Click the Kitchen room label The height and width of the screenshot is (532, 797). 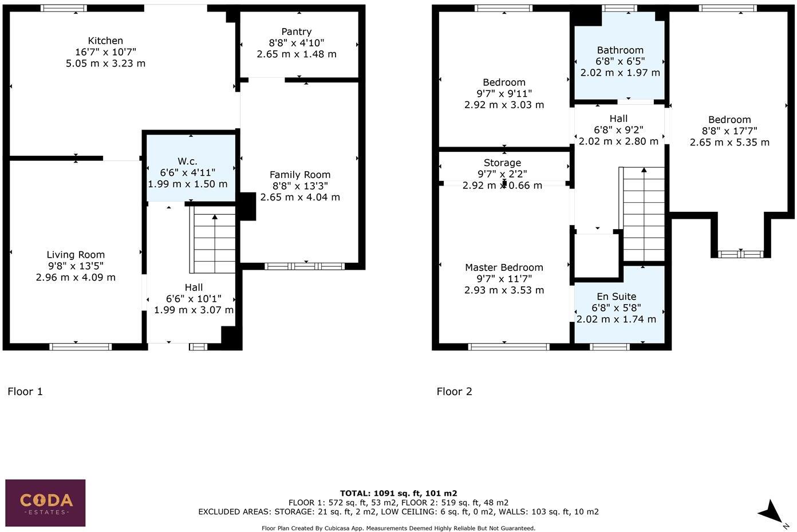[x=105, y=41]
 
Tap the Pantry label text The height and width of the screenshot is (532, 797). [x=297, y=32]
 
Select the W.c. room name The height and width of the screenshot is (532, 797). [x=187, y=162]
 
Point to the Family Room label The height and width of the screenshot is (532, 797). [x=300, y=175]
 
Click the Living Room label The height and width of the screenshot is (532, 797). [x=76, y=255]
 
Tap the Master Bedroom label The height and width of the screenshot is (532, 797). [x=504, y=267]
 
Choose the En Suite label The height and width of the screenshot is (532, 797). [x=616, y=297]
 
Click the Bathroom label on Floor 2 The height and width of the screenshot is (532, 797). [x=620, y=50]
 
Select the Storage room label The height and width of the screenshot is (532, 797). [x=502, y=163]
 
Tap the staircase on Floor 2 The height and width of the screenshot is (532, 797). [x=644, y=215]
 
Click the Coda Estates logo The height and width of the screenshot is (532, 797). [x=46, y=502]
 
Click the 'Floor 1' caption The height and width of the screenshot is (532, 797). [x=25, y=392]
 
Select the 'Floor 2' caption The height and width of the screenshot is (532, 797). [x=454, y=392]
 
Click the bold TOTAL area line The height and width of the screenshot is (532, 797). [x=398, y=493]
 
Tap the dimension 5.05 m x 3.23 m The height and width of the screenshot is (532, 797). [x=105, y=63]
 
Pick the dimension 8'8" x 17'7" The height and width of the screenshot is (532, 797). [x=729, y=131]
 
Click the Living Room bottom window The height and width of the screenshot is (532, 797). [x=80, y=346]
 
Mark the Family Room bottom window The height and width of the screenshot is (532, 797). [x=305, y=266]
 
